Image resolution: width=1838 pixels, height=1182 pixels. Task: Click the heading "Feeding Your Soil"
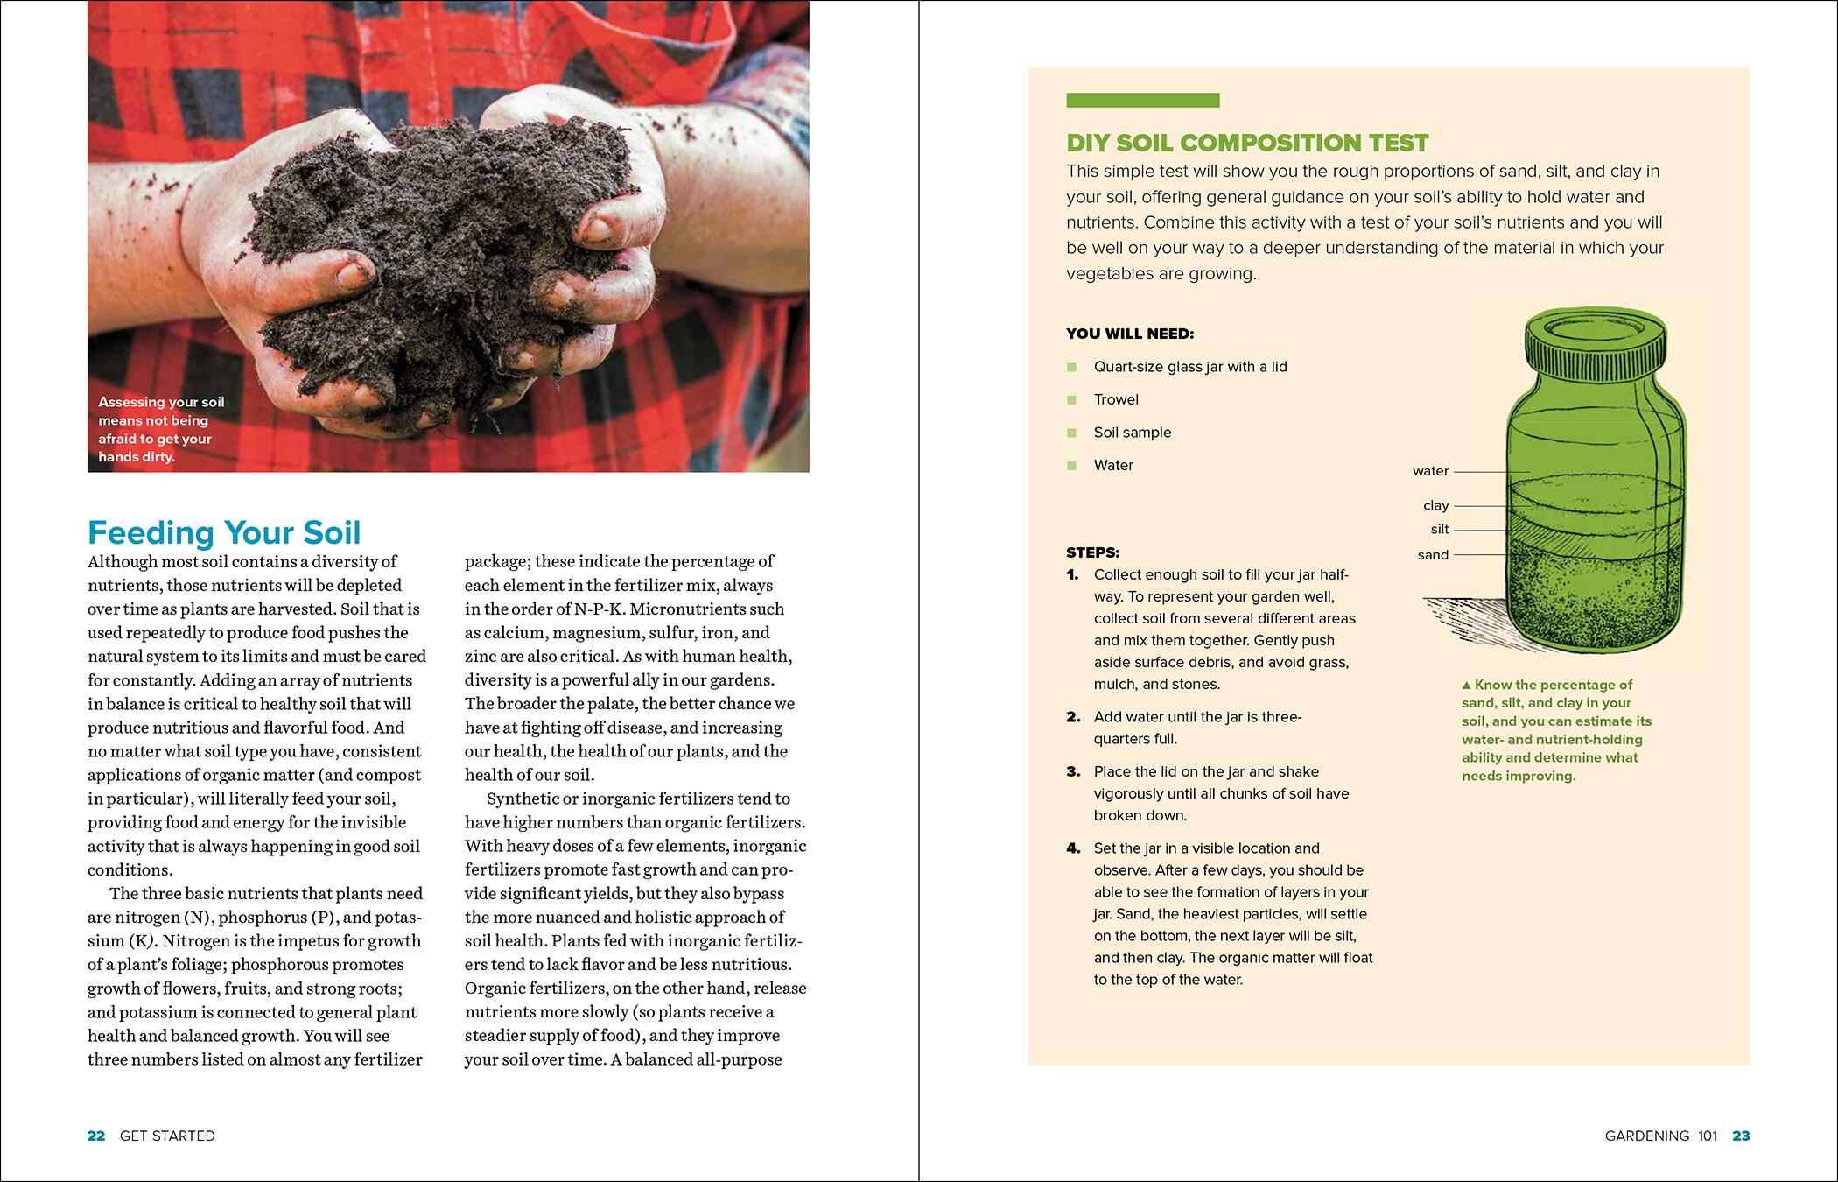[224, 532]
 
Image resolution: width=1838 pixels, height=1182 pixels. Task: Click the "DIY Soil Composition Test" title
[1247, 143]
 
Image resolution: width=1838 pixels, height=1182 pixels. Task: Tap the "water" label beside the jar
[1430, 471]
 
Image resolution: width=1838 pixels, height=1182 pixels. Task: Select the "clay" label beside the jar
[1435, 505]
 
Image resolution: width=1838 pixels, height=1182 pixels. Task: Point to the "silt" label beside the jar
[1439, 529]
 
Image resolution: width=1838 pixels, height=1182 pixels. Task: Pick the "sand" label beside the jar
[1433, 555]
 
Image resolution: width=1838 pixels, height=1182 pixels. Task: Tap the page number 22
[96, 1136]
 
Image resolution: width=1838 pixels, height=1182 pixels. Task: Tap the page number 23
[1741, 1136]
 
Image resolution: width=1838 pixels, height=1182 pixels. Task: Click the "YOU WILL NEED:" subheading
[1130, 334]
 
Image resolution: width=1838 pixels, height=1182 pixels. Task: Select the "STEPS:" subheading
[1092, 552]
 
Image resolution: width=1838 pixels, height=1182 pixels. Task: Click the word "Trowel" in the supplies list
[1116, 399]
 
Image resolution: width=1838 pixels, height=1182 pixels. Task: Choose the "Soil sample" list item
[1132, 433]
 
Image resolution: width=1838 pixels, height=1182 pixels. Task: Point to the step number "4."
[1074, 848]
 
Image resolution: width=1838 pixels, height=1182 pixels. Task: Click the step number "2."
[1074, 717]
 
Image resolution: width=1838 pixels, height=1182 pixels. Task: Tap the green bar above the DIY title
[1142, 101]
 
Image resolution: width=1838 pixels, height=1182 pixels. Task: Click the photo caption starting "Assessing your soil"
[161, 429]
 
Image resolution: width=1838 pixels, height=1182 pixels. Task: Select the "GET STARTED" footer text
[167, 1136]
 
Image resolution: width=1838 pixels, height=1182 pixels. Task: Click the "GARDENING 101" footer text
[1661, 1136]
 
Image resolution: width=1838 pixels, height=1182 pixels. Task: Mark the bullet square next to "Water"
[1071, 466]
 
